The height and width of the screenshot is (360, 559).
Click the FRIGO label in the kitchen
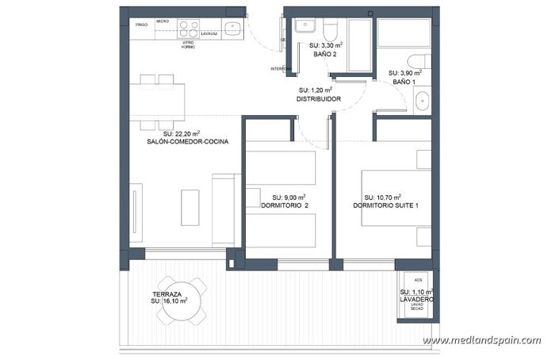point(142,25)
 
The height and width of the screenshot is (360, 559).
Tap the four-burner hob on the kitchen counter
point(189,29)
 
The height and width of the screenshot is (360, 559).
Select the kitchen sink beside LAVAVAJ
point(232,29)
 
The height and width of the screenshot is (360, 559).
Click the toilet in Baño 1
point(418,62)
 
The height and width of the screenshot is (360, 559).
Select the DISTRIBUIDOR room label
point(319,99)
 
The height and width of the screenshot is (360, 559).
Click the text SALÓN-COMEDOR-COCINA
point(188,142)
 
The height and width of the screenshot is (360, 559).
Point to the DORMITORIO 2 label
point(285,205)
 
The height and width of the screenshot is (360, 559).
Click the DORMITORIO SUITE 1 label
point(386,205)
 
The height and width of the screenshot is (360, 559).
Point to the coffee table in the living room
point(190,208)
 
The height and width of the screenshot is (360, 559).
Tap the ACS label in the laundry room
point(417,281)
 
